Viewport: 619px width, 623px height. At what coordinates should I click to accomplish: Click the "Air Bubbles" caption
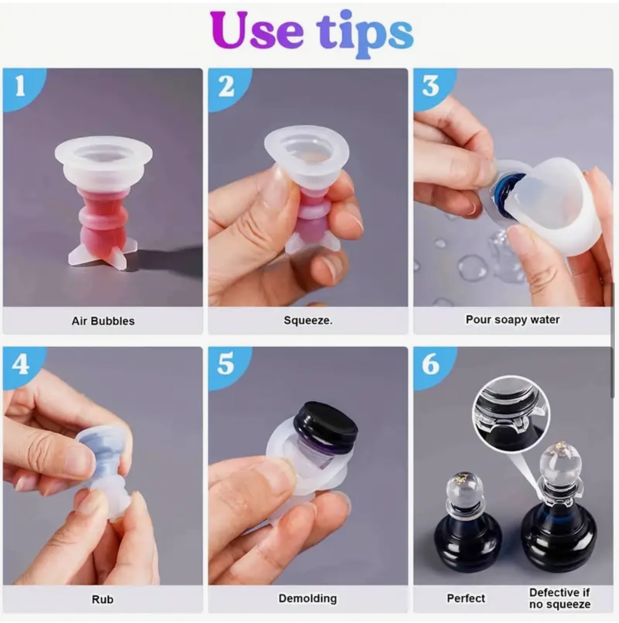pos(103,321)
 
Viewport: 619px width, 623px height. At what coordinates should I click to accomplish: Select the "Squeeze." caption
pos(308,320)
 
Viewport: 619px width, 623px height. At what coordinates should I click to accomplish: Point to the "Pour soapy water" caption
pos(513,320)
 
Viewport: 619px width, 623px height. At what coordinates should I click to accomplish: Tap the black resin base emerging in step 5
pos(325,427)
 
